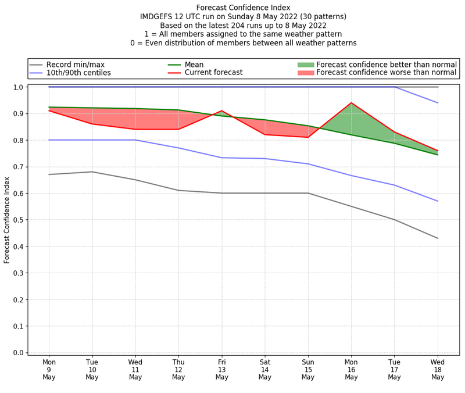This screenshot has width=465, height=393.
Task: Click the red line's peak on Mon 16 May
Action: (351, 103)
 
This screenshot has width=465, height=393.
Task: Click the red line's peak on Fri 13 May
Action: (221, 110)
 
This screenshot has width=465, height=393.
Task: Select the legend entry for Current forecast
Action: (213, 73)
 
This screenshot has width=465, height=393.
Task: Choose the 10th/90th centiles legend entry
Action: (78, 73)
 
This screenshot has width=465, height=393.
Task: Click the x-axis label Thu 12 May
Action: (178, 369)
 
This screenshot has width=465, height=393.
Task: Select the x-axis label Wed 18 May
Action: (438, 369)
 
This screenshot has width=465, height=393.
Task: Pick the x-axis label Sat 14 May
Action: (265, 369)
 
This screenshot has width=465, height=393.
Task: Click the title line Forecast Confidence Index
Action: (243, 8)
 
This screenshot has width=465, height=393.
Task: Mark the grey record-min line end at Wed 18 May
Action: (438, 238)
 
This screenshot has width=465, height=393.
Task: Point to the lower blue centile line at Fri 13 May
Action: (221, 158)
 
